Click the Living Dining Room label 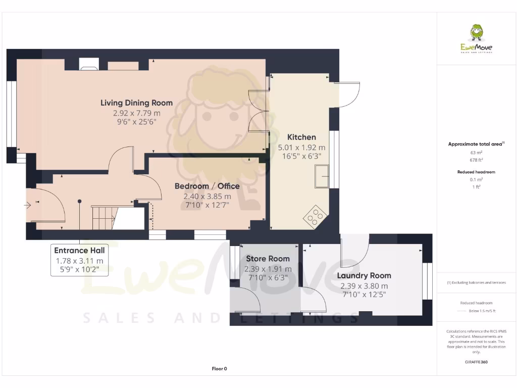pyautogui.click(x=136, y=103)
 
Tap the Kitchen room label pyautogui.click(x=301, y=137)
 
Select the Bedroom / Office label pyautogui.click(x=207, y=186)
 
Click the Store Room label pyautogui.click(x=268, y=259)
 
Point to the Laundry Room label pyautogui.click(x=364, y=275)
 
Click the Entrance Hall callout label pyautogui.click(x=79, y=251)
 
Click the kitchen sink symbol pyautogui.click(x=321, y=177)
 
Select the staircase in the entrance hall pyautogui.click(x=104, y=216)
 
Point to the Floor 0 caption pyautogui.click(x=219, y=369)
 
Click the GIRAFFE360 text pyautogui.click(x=476, y=362)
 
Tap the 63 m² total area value pyautogui.click(x=476, y=152)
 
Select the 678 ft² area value pyautogui.click(x=476, y=160)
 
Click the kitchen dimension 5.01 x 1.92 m pyautogui.click(x=301, y=148)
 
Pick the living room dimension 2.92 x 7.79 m pyautogui.click(x=136, y=113)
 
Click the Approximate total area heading pyautogui.click(x=476, y=144)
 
